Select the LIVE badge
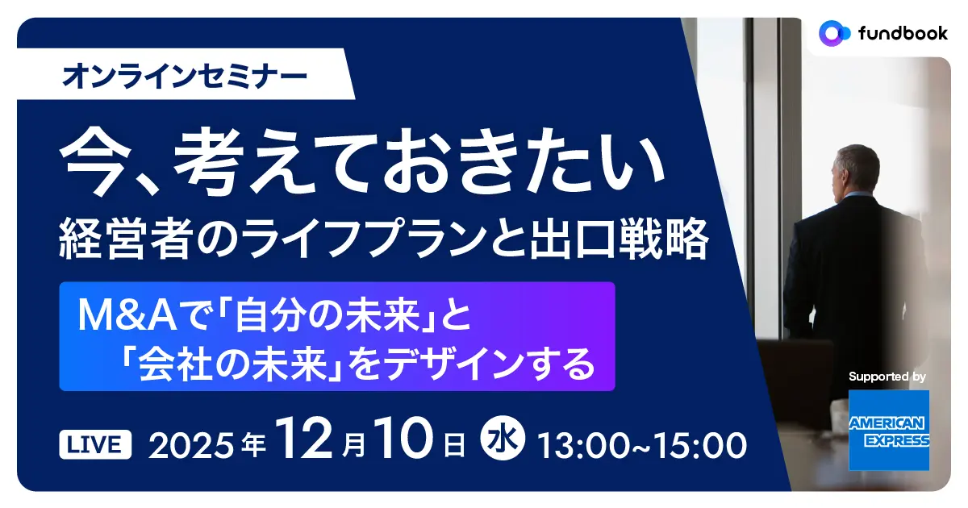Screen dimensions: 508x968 point(96,443)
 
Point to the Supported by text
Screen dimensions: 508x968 point(887,377)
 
